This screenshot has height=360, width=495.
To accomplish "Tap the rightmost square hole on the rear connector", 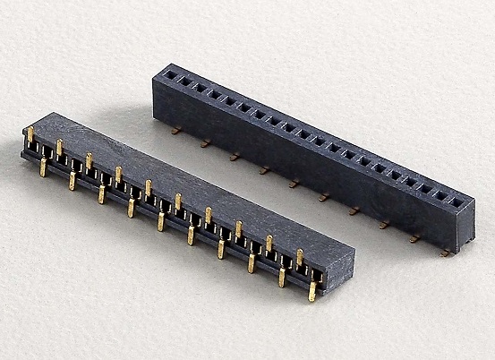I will click(x=457, y=202).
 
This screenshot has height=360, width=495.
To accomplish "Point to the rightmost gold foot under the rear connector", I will click(x=445, y=253).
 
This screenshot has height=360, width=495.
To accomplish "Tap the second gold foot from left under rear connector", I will click(x=206, y=143).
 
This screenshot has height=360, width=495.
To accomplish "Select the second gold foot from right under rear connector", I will click(x=414, y=239).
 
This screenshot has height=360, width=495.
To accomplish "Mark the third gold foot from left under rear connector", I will click(x=235, y=157).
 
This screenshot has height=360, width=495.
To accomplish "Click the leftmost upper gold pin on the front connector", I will click(x=30, y=134).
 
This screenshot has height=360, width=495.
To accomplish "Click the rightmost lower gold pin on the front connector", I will click(x=312, y=290).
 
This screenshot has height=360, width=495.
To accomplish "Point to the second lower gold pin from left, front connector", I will click(x=72, y=180).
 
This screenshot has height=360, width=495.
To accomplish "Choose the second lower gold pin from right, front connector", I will click(x=281, y=277).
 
